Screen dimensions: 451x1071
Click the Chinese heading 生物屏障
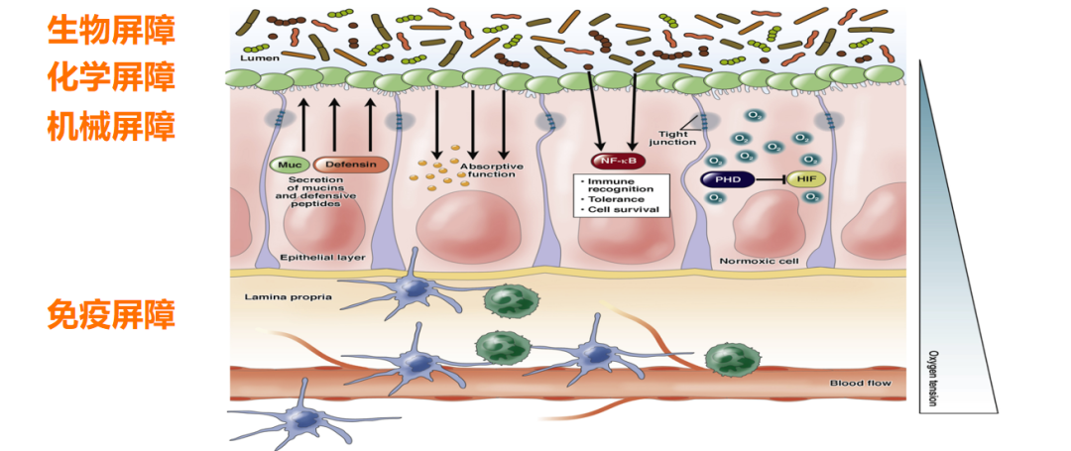111,30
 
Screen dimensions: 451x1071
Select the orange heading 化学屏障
111,75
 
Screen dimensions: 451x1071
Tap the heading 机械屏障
111,126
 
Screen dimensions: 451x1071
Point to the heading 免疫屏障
111,314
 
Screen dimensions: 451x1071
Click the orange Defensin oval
350,165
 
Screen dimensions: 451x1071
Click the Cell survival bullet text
620,210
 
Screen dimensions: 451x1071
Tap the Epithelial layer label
323,258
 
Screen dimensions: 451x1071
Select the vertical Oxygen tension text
931,376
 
